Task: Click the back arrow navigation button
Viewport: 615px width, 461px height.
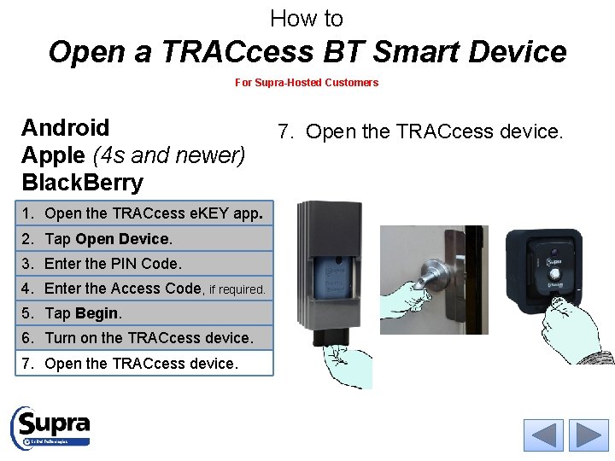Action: pos(543,435)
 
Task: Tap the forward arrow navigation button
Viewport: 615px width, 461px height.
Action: pos(589,435)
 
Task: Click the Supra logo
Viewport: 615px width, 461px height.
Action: pos(50,426)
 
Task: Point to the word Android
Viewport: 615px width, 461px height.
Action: pos(66,128)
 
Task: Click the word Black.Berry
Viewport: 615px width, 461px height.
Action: pos(82,183)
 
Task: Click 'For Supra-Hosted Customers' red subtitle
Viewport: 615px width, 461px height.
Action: pos(307,83)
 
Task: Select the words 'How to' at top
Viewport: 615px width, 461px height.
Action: pos(307,18)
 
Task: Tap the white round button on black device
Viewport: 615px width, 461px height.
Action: pos(555,274)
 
